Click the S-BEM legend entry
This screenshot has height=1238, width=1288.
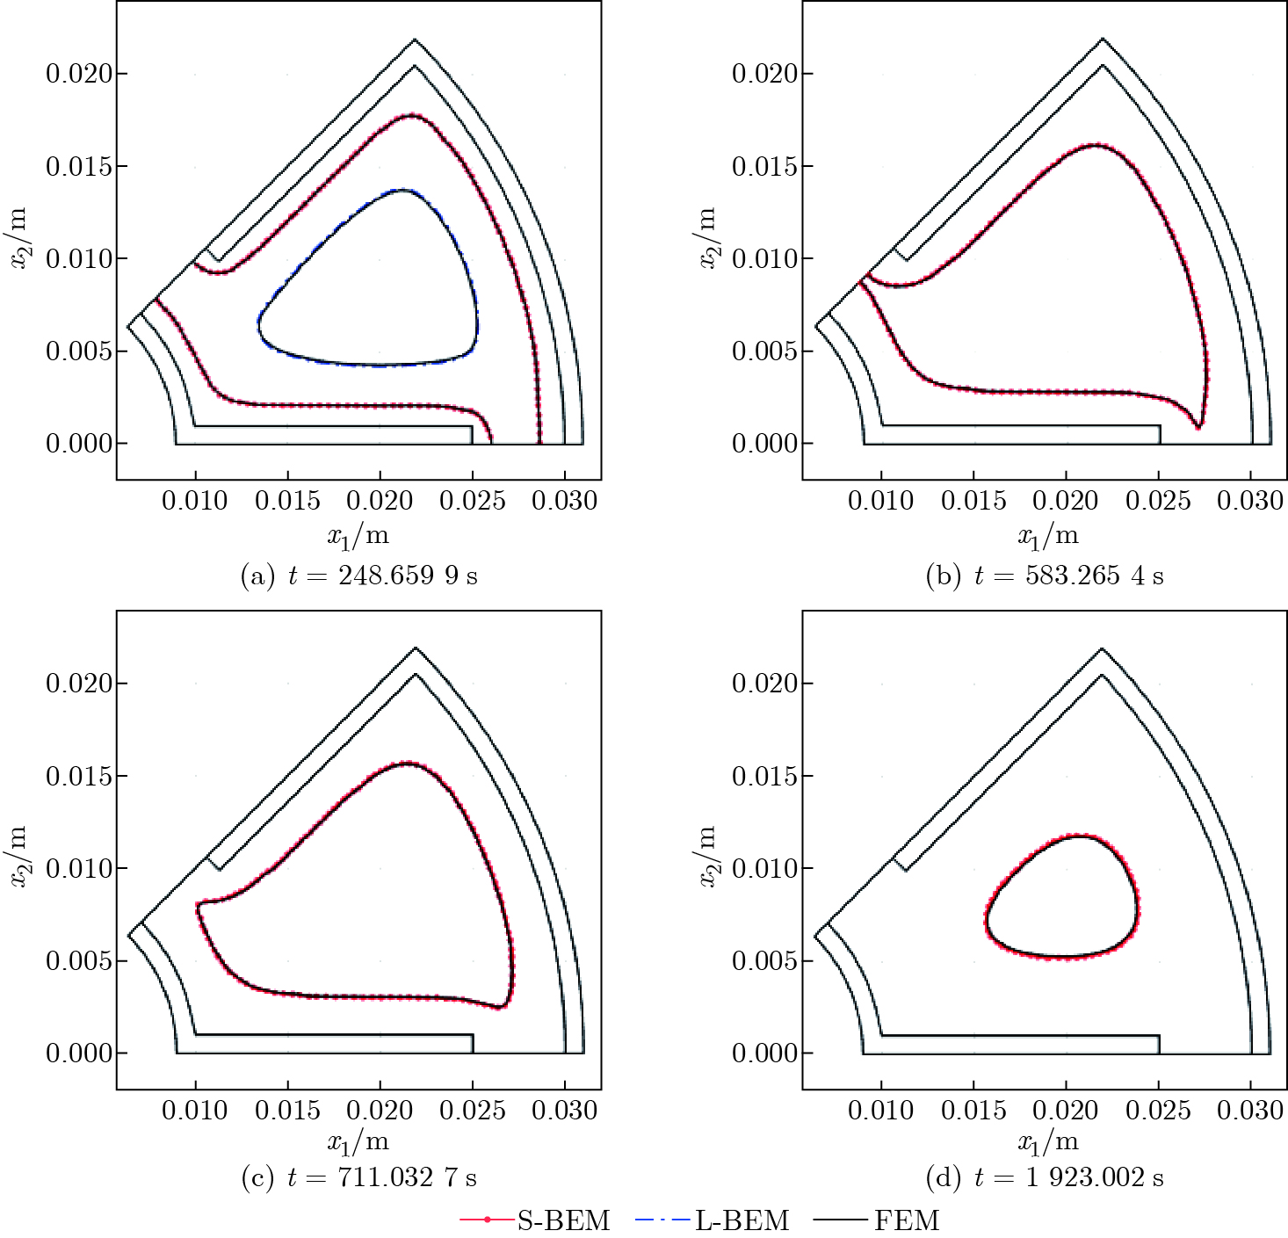tap(536, 1220)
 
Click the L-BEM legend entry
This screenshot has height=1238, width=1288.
tap(713, 1220)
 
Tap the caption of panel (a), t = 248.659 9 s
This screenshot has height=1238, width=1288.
tap(359, 576)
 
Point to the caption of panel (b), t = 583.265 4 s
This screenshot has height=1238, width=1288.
tap(1045, 576)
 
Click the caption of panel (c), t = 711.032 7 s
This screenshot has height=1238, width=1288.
tap(359, 1177)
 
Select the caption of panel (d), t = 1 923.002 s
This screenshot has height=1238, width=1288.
tap(1045, 1177)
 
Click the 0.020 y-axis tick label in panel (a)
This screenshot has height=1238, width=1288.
tap(79, 73)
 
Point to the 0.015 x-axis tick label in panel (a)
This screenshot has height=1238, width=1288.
tap(287, 501)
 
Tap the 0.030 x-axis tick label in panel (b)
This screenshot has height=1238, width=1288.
tap(1250, 501)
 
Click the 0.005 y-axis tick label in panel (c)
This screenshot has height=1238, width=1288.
tap(79, 960)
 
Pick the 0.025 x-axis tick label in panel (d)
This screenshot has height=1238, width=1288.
tap(1158, 1111)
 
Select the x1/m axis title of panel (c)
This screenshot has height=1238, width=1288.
tap(358, 1143)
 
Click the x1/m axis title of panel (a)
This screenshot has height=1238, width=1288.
tap(358, 535)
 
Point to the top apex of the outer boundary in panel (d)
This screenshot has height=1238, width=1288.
tap(1102, 648)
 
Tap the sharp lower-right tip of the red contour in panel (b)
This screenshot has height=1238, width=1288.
tap(1198, 426)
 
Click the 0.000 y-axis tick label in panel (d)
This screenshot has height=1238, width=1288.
tap(765, 1053)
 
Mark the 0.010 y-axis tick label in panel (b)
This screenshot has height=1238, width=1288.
tap(765, 258)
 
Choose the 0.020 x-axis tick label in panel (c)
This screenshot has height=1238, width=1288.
tap(380, 1111)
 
